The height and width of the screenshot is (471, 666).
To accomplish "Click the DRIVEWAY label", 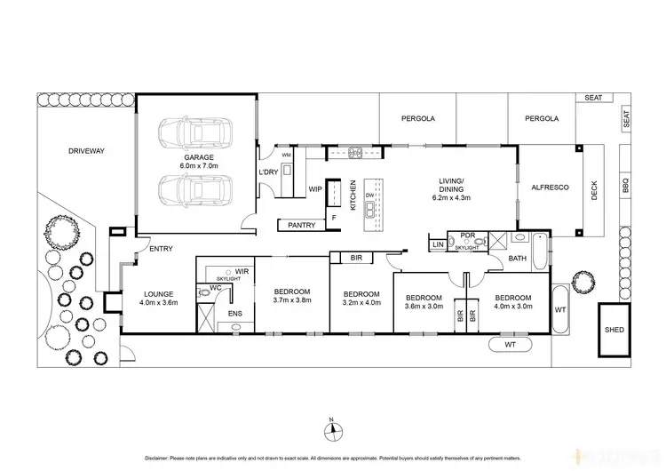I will pyautogui.click(x=86, y=151).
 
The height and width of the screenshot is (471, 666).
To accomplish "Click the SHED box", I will pyautogui.click(x=614, y=329).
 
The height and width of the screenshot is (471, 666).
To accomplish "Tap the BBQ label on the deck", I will pyautogui.click(x=625, y=186).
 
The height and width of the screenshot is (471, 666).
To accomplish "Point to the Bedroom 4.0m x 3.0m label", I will pyautogui.click(x=512, y=302).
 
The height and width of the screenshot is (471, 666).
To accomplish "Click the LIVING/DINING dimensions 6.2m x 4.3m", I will pyautogui.click(x=451, y=197).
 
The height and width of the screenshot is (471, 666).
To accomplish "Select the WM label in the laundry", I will pyautogui.click(x=286, y=156).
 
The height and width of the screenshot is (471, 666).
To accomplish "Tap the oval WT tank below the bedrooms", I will pyautogui.click(x=509, y=343).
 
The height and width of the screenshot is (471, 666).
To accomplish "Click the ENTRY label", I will pyautogui.click(x=162, y=249).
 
